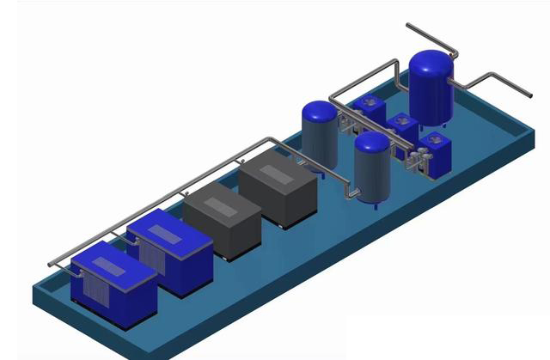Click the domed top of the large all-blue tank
pos(431,64)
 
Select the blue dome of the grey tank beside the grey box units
pos(320,111)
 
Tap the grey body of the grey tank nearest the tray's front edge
pos(372,176)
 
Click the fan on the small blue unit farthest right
pos(435,138)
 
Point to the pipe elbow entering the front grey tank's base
pos(350,194)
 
